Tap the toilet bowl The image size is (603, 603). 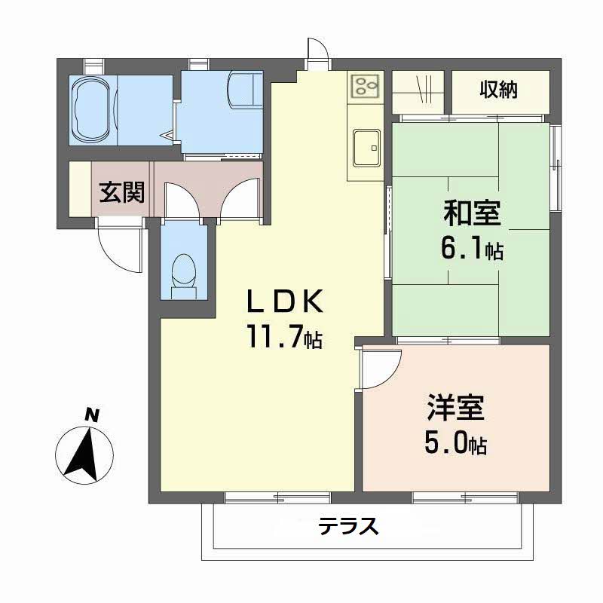click(184, 272)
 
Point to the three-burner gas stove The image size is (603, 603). click(366, 86)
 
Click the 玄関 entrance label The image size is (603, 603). click(122, 194)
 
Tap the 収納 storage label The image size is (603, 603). click(499, 90)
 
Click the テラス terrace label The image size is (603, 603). click(347, 525)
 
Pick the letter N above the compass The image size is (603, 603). click(91, 414)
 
